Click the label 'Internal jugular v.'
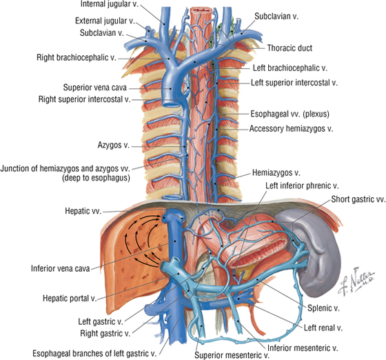110,4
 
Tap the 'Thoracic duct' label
289,48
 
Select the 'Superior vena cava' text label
95,88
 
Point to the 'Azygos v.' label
114,145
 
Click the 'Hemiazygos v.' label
276,173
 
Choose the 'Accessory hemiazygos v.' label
291,128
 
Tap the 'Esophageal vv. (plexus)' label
289,114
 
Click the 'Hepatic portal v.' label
70,299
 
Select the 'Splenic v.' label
323,308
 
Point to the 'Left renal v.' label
323,328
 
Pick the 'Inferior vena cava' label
61,268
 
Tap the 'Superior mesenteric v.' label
232,355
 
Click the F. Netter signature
356,281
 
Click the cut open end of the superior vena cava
172,103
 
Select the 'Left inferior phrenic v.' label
302,186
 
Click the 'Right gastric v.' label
105,334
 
